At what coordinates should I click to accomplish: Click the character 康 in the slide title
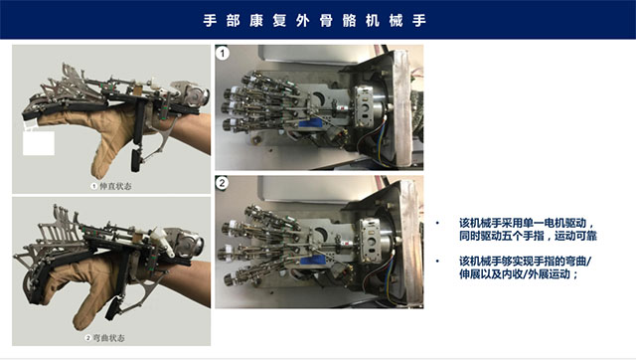[256, 20]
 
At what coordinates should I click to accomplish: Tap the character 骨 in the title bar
[326, 20]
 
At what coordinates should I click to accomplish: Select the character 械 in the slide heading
[396, 20]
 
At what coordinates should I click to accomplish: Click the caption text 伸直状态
[115, 186]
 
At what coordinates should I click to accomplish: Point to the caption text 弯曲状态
[108, 338]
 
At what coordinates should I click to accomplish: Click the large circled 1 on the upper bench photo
[223, 53]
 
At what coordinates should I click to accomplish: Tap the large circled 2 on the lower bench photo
[222, 183]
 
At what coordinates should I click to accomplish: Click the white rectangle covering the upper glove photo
[39, 143]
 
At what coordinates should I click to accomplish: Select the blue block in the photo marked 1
[310, 124]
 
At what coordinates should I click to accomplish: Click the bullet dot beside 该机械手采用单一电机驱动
[437, 223]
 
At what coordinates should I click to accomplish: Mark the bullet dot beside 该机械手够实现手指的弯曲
[437, 261]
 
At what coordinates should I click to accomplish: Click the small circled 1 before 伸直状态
[94, 186]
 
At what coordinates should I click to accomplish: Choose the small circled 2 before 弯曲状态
[87, 338]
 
